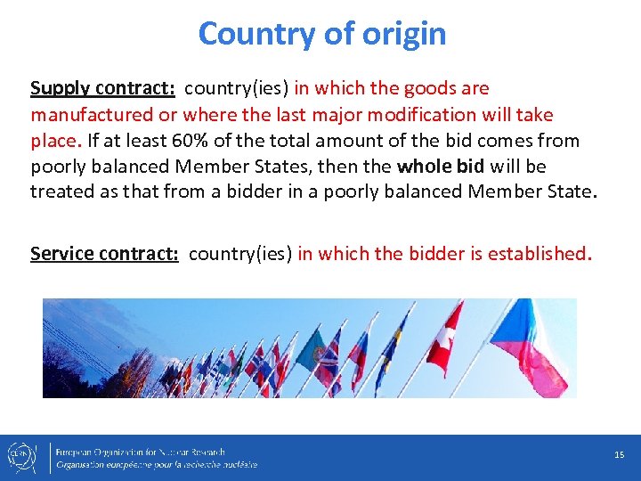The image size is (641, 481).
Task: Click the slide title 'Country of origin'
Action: tap(321, 34)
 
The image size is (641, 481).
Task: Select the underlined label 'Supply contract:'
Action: tap(102, 88)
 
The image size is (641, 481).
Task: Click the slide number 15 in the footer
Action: tap(619, 455)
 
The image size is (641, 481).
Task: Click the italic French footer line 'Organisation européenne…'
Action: tap(157, 464)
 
